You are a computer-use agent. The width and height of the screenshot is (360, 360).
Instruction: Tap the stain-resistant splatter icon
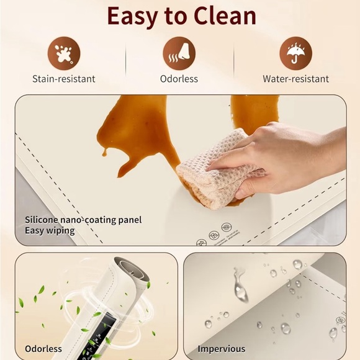64,53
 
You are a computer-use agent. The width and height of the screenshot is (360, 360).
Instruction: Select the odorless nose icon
179,53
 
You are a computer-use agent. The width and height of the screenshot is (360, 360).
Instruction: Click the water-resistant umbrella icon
295,53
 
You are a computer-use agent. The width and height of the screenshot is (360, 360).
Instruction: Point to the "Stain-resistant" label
64,79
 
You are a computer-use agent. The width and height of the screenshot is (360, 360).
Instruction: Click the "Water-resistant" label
295,79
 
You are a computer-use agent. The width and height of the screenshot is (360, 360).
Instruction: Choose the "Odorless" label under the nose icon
179,79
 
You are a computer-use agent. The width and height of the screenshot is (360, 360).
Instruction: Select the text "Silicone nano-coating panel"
83,220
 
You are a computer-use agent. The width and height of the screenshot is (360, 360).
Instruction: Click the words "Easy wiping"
50,231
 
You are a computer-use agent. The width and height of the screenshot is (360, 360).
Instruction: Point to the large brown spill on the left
133,133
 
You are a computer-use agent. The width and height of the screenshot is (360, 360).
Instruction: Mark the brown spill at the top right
254,112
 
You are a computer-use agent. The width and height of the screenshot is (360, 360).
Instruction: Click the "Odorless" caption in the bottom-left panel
43,349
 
